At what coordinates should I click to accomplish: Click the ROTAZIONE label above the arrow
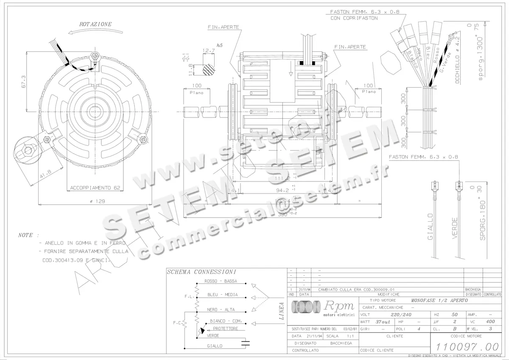[95, 25]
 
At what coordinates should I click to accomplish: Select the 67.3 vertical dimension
[23, 81]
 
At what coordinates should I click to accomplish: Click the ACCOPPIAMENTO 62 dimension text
[95, 187]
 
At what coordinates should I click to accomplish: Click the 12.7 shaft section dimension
[209, 50]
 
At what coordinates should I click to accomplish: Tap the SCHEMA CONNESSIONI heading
[201, 272]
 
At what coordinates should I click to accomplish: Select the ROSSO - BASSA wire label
[221, 281]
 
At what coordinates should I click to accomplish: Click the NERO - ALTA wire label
[220, 310]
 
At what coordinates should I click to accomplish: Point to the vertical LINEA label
[281, 310]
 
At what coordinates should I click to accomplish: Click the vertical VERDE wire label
[455, 228]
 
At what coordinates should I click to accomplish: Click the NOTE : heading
[28, 235]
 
